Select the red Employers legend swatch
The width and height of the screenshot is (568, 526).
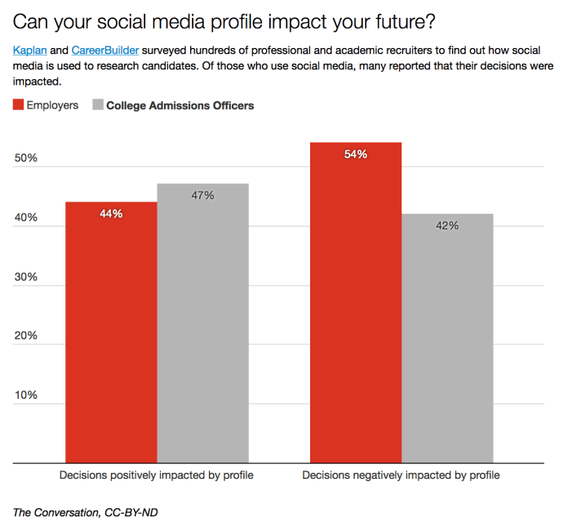click(x=18, y=105)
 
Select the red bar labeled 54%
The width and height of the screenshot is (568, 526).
click(x=356, y=303)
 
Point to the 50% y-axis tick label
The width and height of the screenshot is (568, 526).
click(x=26, y=158)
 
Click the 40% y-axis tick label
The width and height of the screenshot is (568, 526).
click(x=26, y=218)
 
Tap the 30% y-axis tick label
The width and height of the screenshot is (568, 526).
click(x=26, y=277)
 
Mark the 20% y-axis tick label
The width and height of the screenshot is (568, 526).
click(x=26, y=336)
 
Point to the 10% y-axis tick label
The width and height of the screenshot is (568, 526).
click(x=26, y=396)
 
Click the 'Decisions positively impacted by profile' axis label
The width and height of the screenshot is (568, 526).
click(x=157, y=475)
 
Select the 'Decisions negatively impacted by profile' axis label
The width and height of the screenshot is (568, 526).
click(x=402, y=475)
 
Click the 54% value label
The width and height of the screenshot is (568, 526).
click(x=356, y=154)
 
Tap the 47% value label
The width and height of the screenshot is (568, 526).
click(x=202, y=196)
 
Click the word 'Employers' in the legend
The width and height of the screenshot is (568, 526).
click(x=52, y=105)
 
